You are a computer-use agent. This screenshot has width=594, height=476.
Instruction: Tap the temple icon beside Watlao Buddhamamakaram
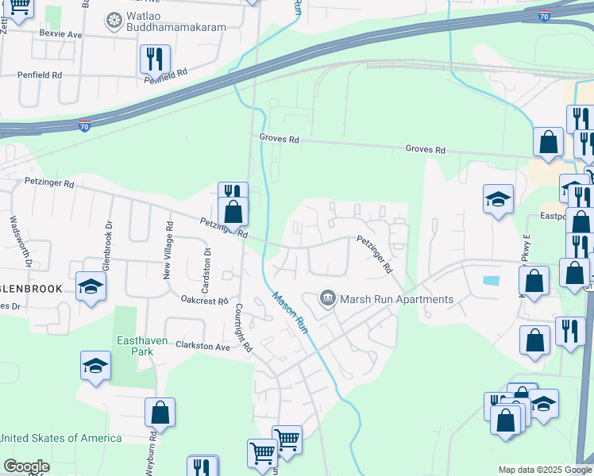(114, 20)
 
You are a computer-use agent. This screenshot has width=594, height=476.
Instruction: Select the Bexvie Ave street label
(61, 35)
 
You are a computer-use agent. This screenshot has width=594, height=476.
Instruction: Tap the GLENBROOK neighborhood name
(31, 289)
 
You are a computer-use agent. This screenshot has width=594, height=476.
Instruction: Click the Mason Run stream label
(291, 312)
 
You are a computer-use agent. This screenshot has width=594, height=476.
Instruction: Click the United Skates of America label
(61, 438)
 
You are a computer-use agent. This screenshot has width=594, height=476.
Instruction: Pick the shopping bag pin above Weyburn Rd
(160, 413)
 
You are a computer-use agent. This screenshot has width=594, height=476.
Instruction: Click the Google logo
(25, 466)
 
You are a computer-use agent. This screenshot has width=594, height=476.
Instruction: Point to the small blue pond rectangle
(491, 280)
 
